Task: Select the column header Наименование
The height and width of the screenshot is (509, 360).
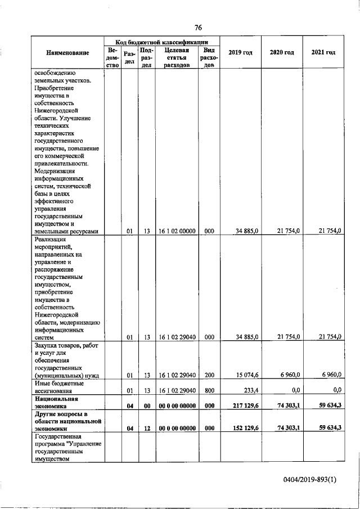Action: pos(67,53)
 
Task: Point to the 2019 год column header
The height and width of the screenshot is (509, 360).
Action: pos(240,52)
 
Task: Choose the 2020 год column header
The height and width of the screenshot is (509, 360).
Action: pos(282,52)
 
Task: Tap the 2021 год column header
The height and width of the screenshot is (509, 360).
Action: pos(323,52)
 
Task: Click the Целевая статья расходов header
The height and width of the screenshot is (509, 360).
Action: pos(176,57)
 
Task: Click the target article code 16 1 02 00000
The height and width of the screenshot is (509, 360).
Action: pos(176,231)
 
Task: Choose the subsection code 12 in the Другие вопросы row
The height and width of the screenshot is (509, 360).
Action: pos(146,427)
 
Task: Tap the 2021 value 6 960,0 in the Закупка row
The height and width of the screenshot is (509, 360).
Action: pos(330,374)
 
